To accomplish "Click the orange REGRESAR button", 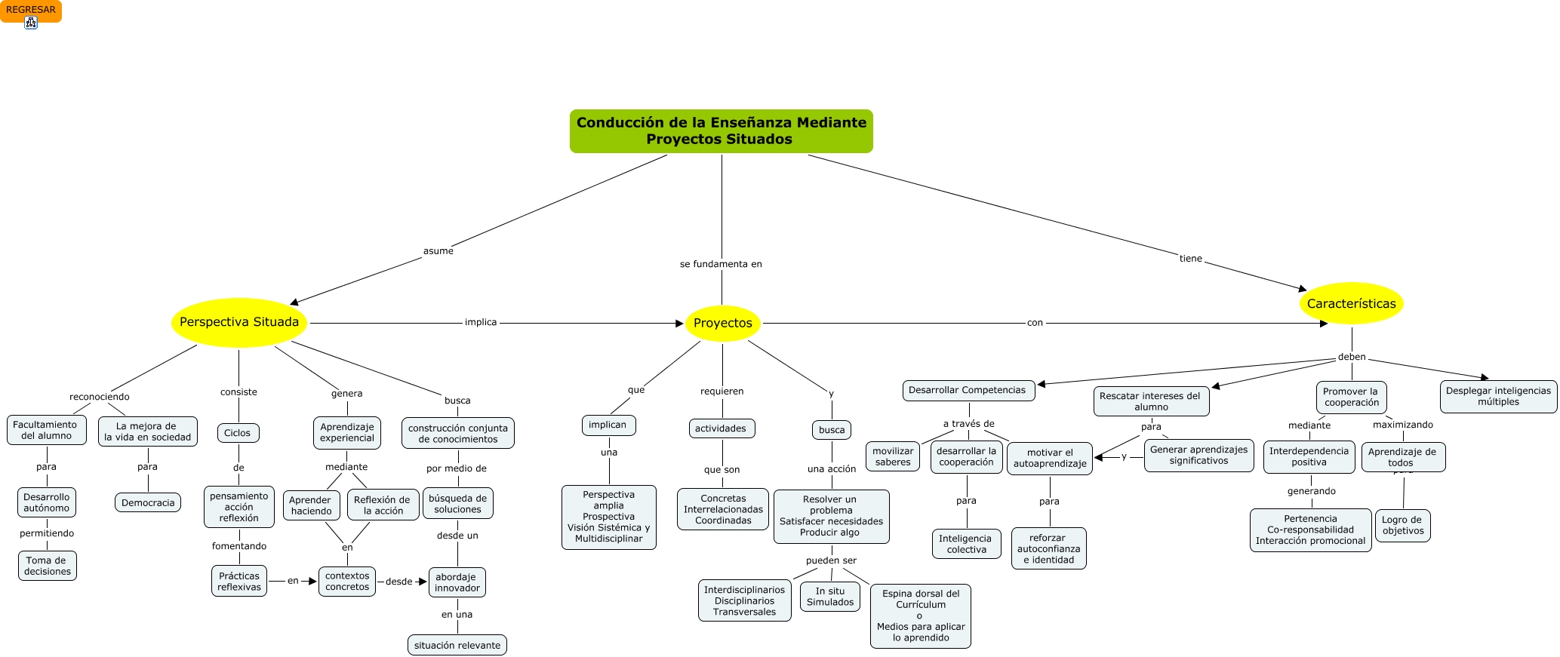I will [x=31, y=11].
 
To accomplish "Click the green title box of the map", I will [x=721, y=131].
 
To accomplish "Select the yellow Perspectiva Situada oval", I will [x=239, y=323].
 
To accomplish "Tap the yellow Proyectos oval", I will [x=722, y=324].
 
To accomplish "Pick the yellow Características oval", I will [x=1351, y=304].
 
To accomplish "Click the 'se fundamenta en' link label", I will [x=721, y=264].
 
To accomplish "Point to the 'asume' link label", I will [x=438, y=251].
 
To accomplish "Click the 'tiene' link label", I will [x=1190, y=259].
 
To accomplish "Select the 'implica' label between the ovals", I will [x=481, y=322].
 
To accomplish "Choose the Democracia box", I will [x=148, y=503].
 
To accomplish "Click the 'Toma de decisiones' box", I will [x=47, y=566].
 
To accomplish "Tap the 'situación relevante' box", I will [x=457, y=646].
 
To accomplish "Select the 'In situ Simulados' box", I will [x=830, y=597].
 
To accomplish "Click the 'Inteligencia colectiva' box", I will [x=966, y=544].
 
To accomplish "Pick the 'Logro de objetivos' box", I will [x=1402, y=525].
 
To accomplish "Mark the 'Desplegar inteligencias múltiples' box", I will [x=1498, y=397].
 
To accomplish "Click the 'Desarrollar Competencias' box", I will [x=968, y=390].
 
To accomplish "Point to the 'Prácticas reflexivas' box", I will [x=239, y=582].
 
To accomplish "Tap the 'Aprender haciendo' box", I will [x=310, y=505].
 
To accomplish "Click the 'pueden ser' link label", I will [x=831, y=560].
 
